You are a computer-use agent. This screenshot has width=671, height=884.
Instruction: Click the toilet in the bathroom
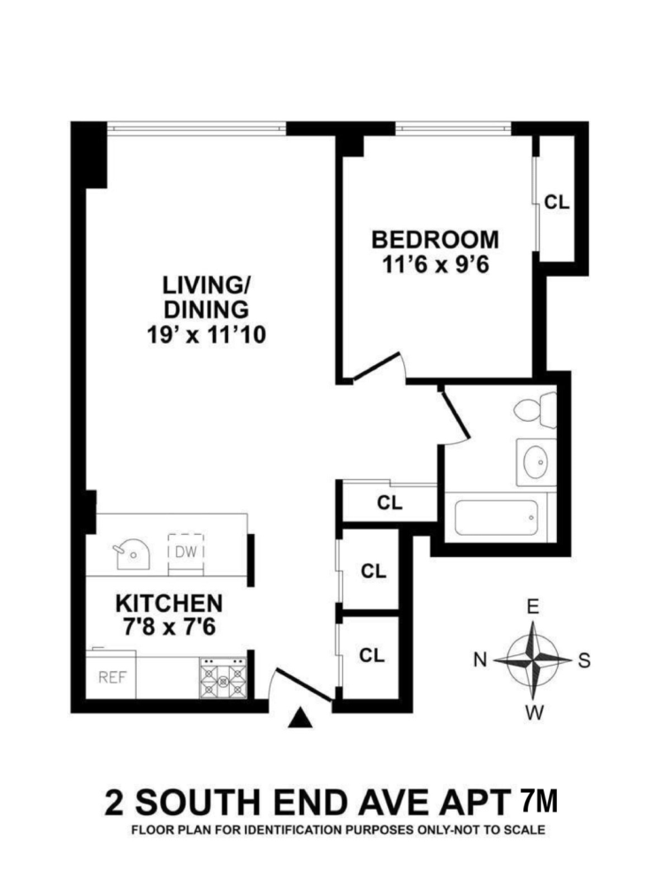[536, 411]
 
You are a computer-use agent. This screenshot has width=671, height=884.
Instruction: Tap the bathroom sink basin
[536, 461]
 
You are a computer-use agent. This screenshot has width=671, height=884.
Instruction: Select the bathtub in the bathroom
[497, 517]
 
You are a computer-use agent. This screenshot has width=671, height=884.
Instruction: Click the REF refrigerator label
[111, 679]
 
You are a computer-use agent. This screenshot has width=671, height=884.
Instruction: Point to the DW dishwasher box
[186, 552]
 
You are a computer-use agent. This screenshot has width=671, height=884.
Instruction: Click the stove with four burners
[223, 678]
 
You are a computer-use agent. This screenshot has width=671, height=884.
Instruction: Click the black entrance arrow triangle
[301, 720]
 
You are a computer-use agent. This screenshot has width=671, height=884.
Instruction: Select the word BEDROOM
[434, 240]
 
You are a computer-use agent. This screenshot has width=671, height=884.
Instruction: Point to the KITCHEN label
[169, 604]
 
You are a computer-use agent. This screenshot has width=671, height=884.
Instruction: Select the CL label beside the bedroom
[557, 202]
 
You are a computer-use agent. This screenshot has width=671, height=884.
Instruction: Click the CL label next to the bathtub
[389, 503]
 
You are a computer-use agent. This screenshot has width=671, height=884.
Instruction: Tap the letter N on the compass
[481, 660]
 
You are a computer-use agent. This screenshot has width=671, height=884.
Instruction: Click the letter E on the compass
[532, 607]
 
